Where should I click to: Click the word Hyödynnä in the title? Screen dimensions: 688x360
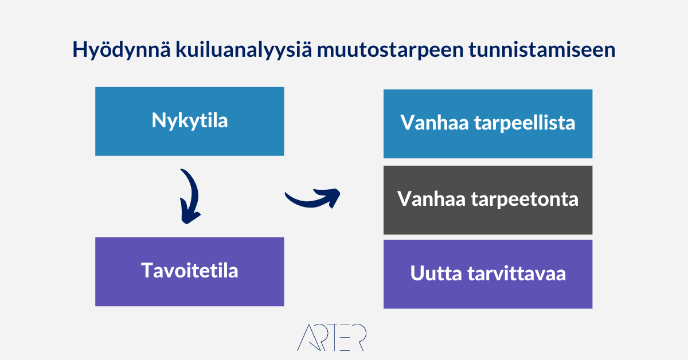(x=122, y=50)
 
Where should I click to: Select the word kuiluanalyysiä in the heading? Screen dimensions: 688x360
(x=244, y=50)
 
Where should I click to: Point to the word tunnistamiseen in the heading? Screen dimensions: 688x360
(x=542, y=49)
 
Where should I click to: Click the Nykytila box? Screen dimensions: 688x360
(x=190, y=122)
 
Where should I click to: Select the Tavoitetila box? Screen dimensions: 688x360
(x=190, y=272)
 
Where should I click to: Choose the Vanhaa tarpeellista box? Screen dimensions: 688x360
(x=488, y=124)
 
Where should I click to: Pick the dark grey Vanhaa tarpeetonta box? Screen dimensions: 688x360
(x=488, y=200)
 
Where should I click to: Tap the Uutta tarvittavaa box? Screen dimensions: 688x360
(x=488, y=274)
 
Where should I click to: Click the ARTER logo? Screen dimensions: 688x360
(x=332, y=337)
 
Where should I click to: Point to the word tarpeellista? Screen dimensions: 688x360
(x=525, y=123)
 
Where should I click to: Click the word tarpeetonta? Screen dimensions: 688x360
(x=525, y=199)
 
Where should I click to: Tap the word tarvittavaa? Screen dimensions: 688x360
(x=517, y=273)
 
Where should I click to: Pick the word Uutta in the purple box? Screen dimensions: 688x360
(x=436, y=273)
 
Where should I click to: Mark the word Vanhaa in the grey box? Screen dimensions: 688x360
(x=432, y=199)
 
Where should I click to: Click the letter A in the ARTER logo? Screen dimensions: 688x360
(x=308, y=337)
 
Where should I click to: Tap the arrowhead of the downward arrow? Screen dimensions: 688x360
(x=190, y=215)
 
